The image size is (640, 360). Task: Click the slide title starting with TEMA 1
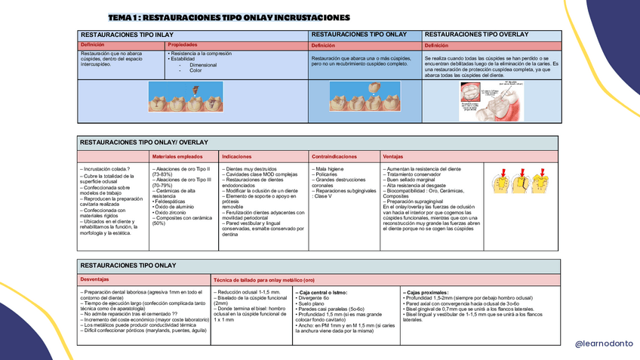coord(229,17)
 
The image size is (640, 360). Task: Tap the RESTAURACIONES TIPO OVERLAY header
coord(476,35)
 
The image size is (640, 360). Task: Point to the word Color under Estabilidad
coord(195,70)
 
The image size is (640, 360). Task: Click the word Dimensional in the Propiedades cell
coord(203,65)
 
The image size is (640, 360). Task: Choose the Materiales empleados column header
coord(182,157)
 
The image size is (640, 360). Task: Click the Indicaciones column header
coord(237,157)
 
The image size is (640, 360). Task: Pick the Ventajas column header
coord(393,157)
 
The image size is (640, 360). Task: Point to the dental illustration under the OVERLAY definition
coord(491,101)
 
